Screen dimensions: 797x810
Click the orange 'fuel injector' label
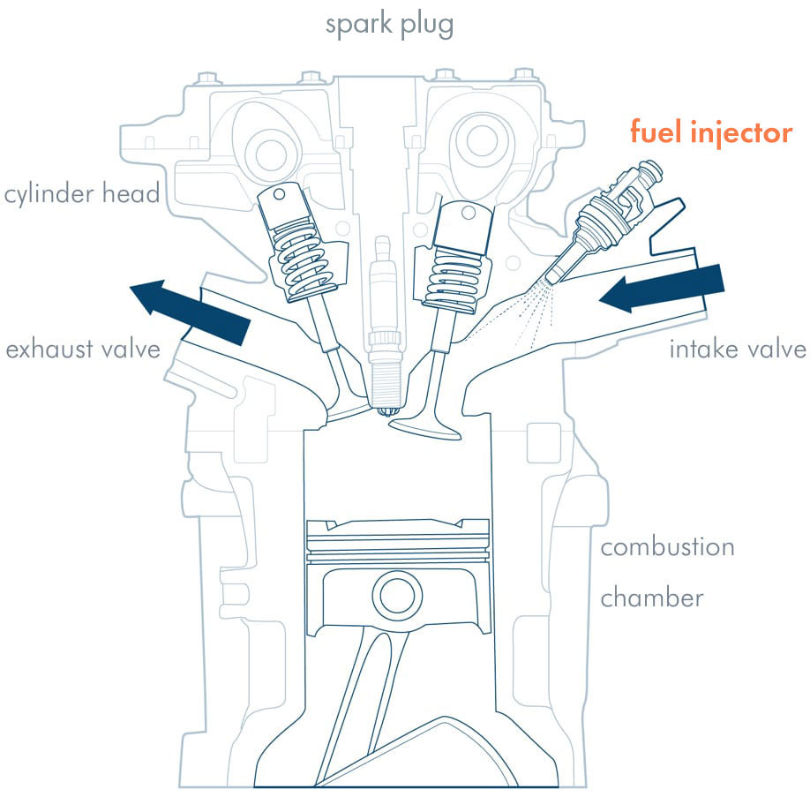coord(710,133)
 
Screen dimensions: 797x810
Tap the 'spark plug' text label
coord(389,24)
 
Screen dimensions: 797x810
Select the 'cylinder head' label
coord(81,193)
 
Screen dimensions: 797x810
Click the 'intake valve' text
coord(738,350)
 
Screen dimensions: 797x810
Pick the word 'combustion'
coord(667,547)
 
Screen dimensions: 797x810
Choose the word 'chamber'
coord(652,598)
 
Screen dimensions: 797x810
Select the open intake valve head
coord(427,424)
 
